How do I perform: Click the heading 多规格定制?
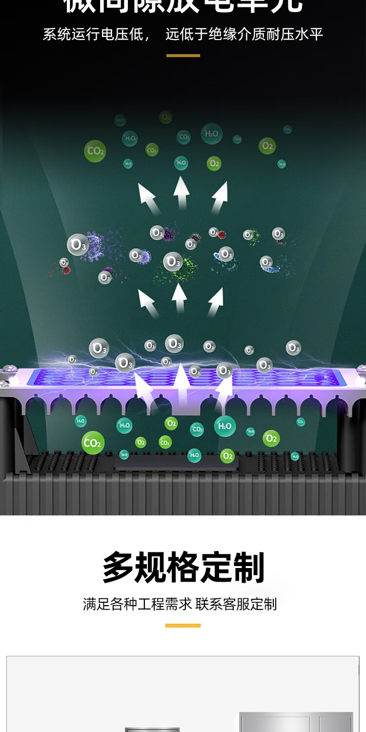(x=183, y=567)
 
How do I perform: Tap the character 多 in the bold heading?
(x=118, y=567)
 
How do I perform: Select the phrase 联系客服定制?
(x=236, y=604)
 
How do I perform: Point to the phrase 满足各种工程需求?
(x=138, y=604)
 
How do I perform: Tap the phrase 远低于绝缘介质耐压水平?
(x=244, y=35)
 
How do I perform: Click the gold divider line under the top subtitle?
(x=183, y=56)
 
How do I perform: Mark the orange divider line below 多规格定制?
(x=183, y=625)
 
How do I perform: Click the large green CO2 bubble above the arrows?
(x=95, y=151)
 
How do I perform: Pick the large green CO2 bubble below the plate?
(x=92, y=443)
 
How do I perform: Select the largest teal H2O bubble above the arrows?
(x=212, y=134)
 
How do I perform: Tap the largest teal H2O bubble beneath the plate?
(x=225, y=426)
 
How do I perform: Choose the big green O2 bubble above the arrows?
(x=267, y=145)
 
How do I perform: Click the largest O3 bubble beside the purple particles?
(x=77, y=245)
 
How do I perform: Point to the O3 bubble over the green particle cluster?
(x=173, y=262)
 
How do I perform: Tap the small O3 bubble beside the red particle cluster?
(x=64, y=263)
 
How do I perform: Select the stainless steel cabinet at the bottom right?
(x=296, y=722)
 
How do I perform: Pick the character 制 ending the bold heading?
(x=248, y=567)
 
